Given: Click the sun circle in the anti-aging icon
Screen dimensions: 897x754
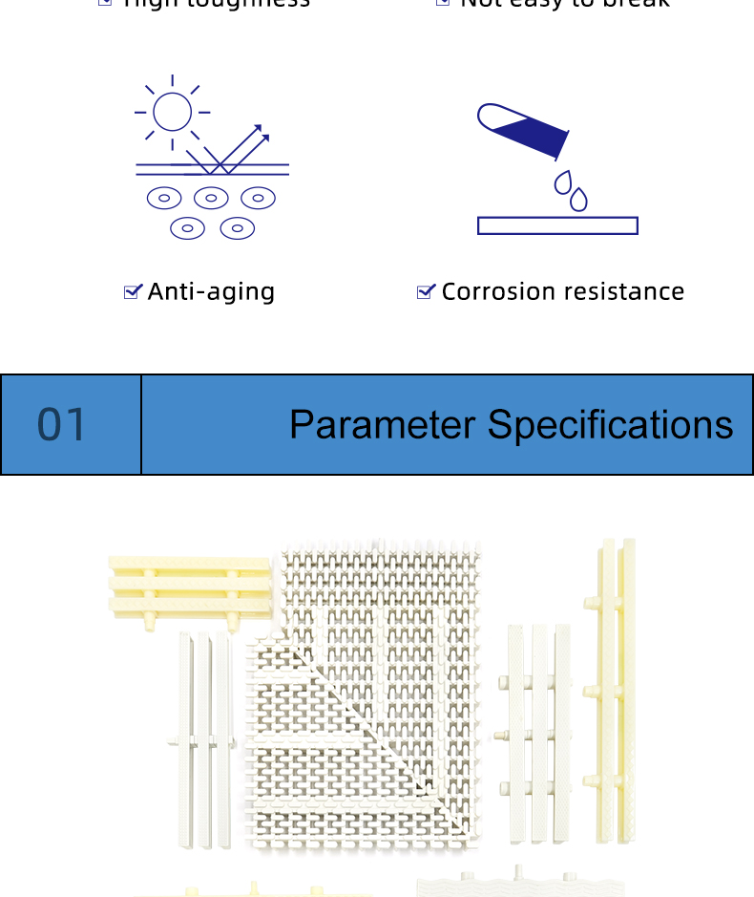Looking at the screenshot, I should [173, 111].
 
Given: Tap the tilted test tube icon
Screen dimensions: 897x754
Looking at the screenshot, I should [522, 130].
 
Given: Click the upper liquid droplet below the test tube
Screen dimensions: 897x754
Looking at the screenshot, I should [564, 182].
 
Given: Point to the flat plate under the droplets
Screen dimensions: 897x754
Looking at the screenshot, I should [557, 225].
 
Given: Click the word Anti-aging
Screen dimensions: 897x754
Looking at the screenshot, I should [211, 291].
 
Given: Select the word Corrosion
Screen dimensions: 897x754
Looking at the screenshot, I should [496, 291].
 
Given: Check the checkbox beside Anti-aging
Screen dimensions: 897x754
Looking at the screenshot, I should [133, 291].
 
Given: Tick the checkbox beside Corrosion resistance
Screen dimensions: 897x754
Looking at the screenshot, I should [426, 291].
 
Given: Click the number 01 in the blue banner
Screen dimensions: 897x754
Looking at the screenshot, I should [62, 425].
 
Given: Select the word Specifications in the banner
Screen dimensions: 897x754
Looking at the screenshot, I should [611, 425].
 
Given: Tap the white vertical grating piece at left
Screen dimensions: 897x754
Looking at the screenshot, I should [204, 739].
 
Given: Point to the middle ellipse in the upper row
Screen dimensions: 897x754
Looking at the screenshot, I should [211, 199].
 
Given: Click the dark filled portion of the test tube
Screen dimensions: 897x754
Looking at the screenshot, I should [534, 137].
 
